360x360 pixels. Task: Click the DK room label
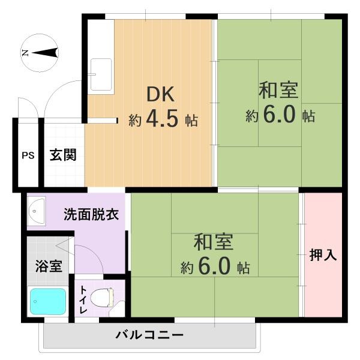click(160, 94)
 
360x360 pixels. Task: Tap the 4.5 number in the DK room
click(162, 118)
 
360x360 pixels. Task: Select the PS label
click(28, 155)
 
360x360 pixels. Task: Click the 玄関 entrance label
click(63, 155)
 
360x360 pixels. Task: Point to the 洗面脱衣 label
click(91, 214)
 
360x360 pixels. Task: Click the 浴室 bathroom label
click(49, 266)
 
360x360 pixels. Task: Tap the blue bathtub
click(48, 301)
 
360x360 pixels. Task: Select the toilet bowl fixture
click(102, 298)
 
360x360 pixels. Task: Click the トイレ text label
click(83, 300)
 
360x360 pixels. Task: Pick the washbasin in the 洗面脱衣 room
click(36, 211)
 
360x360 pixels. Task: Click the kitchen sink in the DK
click(101, 74)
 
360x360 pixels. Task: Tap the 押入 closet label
click(323, 254)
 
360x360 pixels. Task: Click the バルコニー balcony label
click(149, 335)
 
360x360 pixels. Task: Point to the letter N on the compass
click(25, 53)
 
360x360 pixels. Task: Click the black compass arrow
click(45, 53)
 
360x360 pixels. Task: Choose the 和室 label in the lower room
click(214, 242)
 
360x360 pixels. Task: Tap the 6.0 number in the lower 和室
click(214, 266)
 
